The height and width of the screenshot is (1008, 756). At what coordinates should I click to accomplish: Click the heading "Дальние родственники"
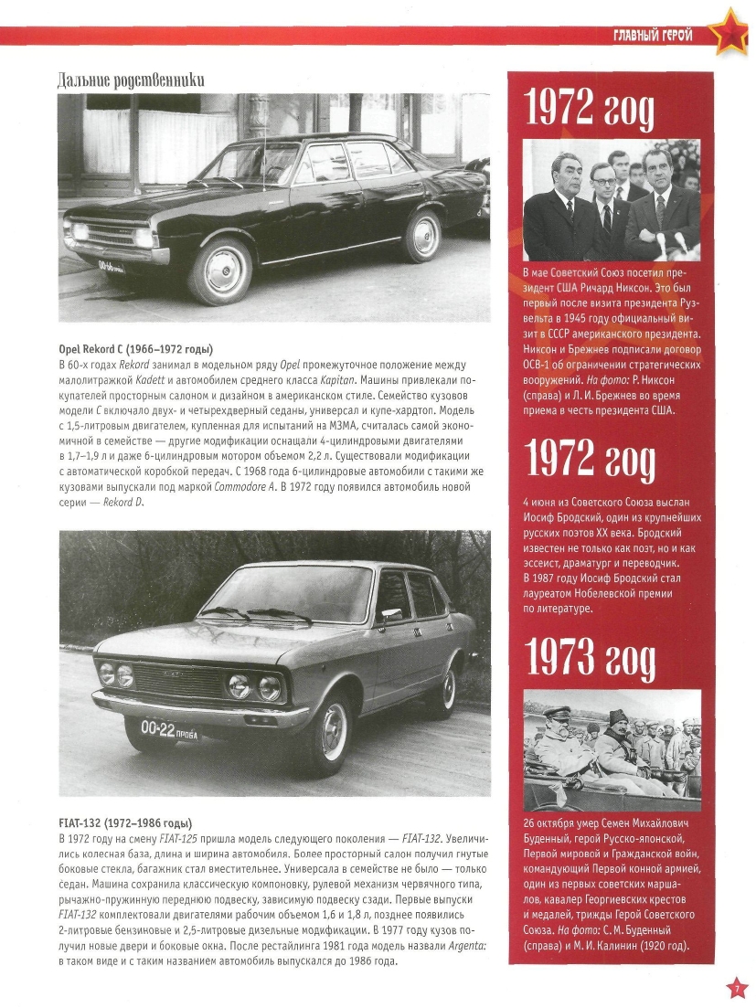(x=131, y=80)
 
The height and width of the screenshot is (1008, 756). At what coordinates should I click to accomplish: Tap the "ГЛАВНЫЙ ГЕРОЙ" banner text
(x=653, y=36)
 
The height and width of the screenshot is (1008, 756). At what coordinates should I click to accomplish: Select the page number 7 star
(x=737, y=988)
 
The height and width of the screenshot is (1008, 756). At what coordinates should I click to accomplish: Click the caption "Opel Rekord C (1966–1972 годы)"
(x=135, y=349)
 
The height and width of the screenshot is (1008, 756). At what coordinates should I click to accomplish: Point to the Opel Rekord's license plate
(x=112, y=266)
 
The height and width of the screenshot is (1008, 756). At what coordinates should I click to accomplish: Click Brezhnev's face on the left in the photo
(x=560, y=174)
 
